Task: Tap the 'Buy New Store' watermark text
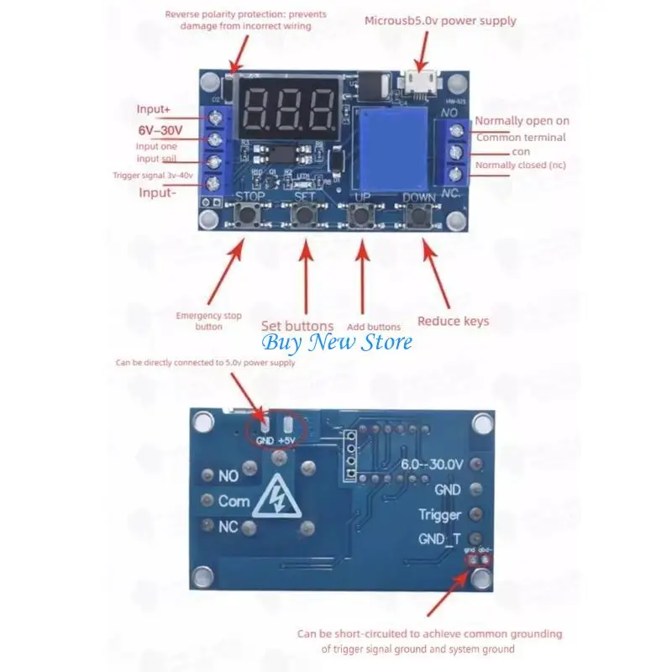337,342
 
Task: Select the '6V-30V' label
160,131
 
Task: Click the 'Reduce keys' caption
453,321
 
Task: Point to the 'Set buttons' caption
297,326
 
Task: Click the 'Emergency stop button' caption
208,321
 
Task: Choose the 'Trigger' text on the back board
440,514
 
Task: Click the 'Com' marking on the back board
234,501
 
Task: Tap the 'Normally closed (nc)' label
520,165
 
